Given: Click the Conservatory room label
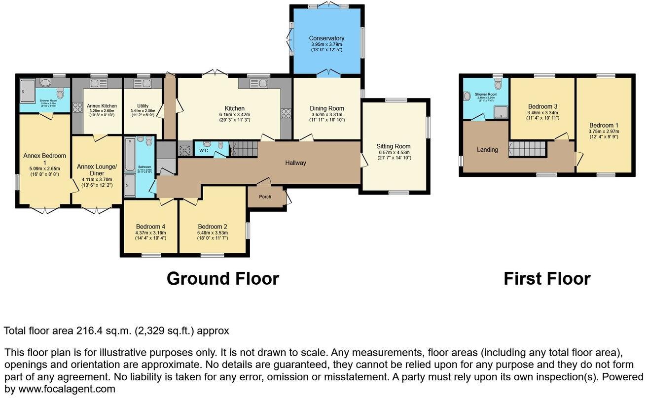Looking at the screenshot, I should pyautogui.click(x=326, y=38).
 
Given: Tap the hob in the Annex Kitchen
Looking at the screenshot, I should pyautogui.click(x=77, y=107).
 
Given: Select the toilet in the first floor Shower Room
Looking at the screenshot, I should pyautogui.click(x=498, y=85).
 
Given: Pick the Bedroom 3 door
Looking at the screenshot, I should pyautogui.click(x=561, y=136).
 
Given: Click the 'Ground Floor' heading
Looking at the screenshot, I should pyautogui.click(x=222, y=279).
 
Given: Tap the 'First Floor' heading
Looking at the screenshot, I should pyautogui.click(x=546, y=279).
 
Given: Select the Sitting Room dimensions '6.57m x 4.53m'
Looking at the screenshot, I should pyautogui.click(x=393, y=152).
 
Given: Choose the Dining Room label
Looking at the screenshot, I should pyautogui.click(x=326, y=108).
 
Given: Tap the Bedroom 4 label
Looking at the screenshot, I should pyautogui.click(x=150, y=227).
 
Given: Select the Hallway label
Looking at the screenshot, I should pyautogui.click(x=295, y=163).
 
